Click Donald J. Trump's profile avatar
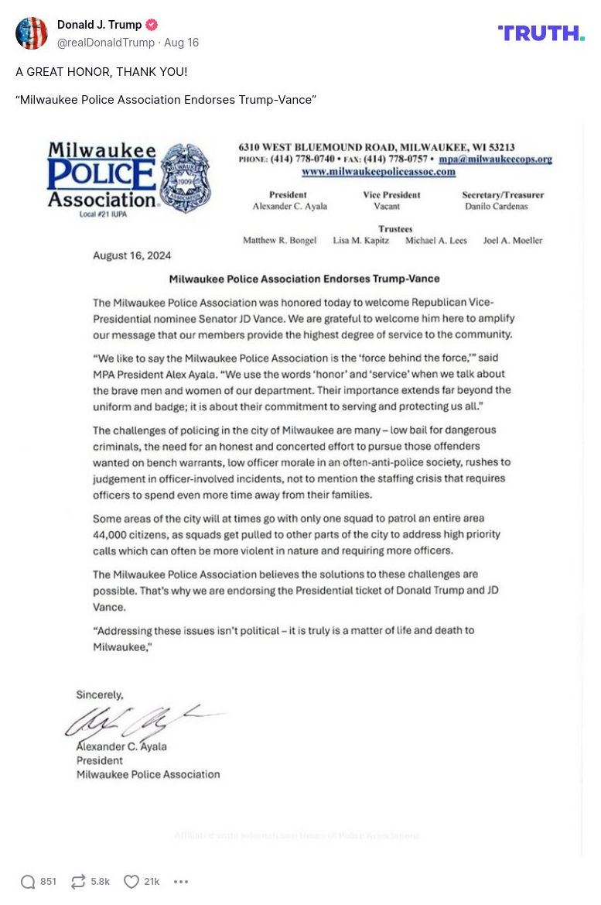32,33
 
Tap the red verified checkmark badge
152,25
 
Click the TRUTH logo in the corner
541,33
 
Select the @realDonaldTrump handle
106,43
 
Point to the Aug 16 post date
181,43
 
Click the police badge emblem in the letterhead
185,178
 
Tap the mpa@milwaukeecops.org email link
495,159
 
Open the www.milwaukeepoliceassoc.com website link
378,172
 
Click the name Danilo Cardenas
496,207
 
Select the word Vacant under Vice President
387,207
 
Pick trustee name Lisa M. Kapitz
361,241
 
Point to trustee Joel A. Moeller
513,241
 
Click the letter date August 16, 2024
132,255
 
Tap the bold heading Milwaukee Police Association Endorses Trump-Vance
304,279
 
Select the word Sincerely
100,695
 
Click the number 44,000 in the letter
114,535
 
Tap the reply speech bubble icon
28,882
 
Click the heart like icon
131,882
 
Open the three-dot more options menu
181,882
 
